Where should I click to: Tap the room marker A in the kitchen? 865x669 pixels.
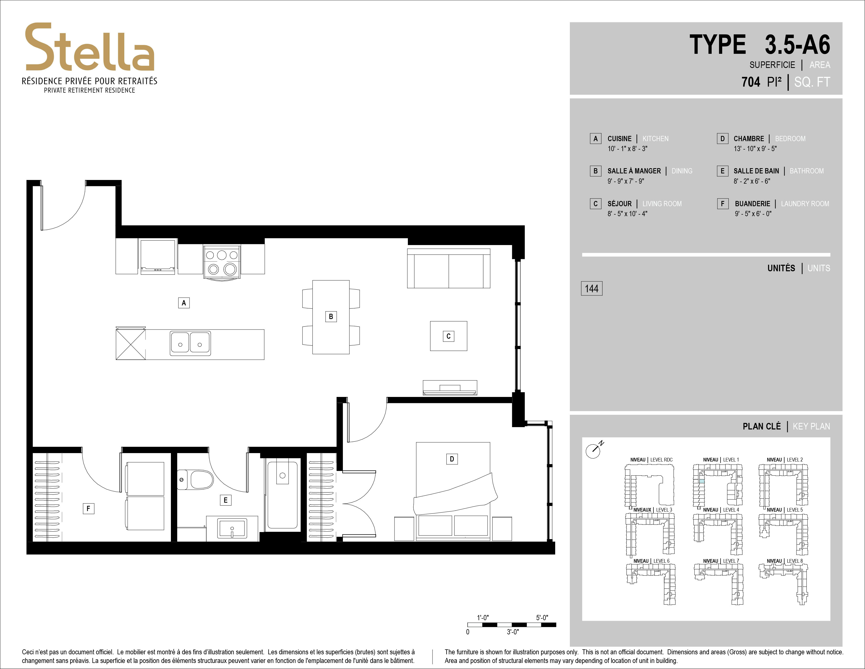pos(184,303)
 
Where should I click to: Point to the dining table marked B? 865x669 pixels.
pos(331,317)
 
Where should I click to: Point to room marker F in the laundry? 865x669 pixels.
pos(88,508)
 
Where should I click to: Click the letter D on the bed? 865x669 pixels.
pos(452,459)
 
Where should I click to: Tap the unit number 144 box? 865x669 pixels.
pos(592,289)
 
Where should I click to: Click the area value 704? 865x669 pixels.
pos(751,82)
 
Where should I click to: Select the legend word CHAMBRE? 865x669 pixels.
pos(749,139)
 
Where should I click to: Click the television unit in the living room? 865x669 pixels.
pos(450,388)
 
